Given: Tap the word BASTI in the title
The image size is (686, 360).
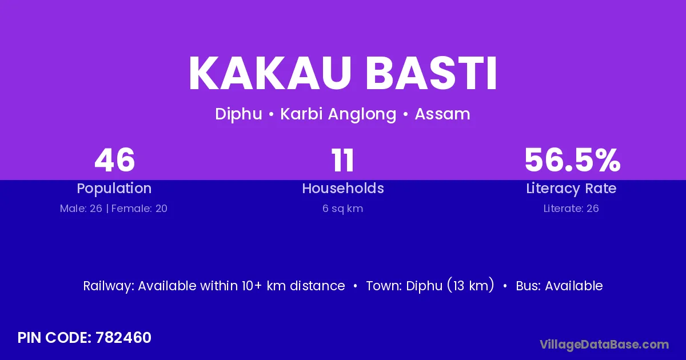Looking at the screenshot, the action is coord(432,73).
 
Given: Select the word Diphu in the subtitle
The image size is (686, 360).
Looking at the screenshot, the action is coord(238,114).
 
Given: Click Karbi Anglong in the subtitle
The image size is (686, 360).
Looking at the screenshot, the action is coord(338,114).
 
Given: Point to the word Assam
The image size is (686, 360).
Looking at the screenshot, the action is coord(442,114).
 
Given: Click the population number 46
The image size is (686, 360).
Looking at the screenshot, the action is coord(115,160).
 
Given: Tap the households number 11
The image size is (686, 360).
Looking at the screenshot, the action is coord(342,160).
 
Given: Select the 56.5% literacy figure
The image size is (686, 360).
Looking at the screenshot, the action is coord(572,160).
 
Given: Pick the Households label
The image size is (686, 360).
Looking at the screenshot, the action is coord(343,188).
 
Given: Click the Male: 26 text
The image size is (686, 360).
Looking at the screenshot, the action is coord(81,209).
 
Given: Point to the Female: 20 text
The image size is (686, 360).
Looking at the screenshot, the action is coord(139,209).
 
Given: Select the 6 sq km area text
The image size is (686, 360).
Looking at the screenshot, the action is coord(342,209).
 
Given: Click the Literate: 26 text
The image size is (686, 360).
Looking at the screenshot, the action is coord(571,209).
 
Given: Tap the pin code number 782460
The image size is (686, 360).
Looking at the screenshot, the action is coord(123,338).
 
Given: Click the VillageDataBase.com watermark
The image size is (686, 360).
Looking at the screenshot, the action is coord(604,345).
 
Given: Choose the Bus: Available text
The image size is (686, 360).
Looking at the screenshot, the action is coord(559,286).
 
